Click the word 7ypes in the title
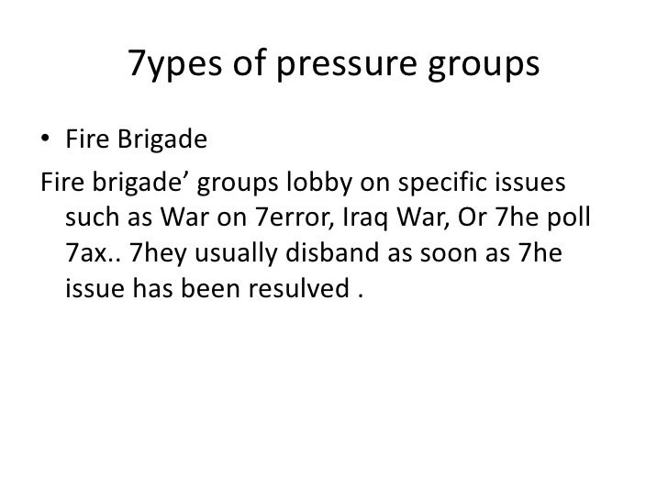click(x=174, y=64)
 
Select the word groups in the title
click(x=484, y=64)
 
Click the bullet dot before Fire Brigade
click(x=45, y=138)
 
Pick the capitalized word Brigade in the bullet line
click(x=162, y=139)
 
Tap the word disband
click(x=332, y=252)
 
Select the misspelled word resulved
click(x=299, y=288)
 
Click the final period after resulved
click(x=361, y=296)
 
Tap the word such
click(x=92, y=217)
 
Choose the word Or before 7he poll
click(x=472, y=217)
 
